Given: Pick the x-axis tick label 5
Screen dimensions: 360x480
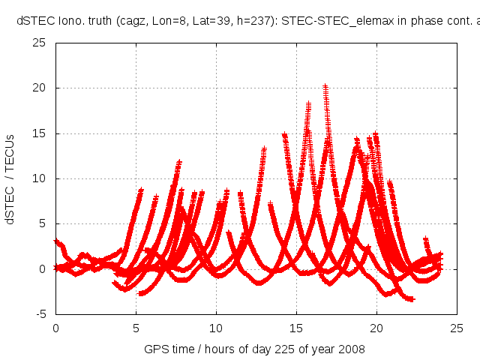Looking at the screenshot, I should tap(136, 328).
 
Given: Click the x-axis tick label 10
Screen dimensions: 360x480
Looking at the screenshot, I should tap(216, 328).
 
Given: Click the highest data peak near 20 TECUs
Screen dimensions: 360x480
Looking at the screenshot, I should tap(325, 87).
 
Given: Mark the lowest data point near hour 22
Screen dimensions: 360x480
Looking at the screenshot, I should tap(412, 299).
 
